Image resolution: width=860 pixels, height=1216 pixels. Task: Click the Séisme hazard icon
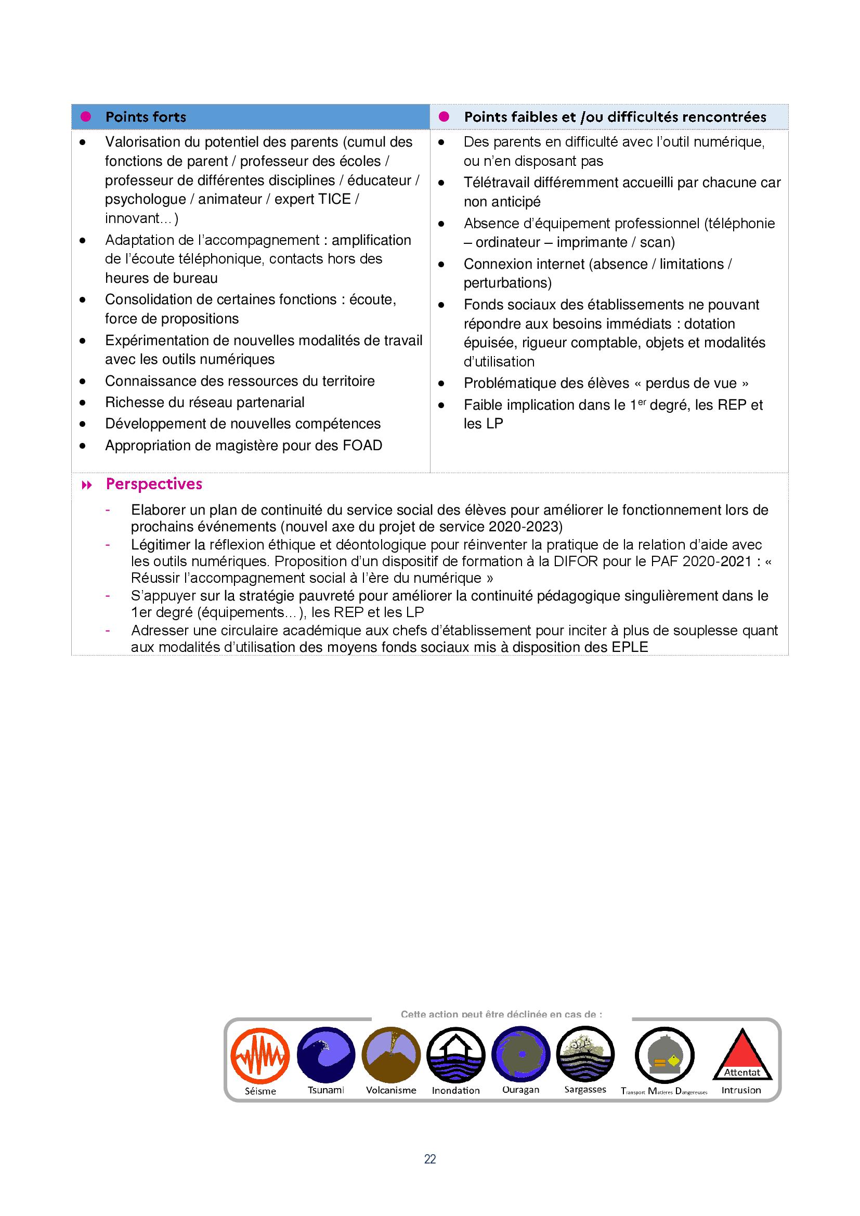[x=260, y=1056]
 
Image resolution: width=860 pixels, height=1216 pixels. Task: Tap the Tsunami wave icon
[x=325, y=1054]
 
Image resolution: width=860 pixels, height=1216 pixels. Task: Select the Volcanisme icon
[x=391, y=1054]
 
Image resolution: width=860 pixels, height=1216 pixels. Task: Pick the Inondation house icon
[x=455, y=1054]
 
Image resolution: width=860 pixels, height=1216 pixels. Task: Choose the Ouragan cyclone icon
[x=520, y=1054]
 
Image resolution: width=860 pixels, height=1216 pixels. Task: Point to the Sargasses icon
[x=585, y=1054]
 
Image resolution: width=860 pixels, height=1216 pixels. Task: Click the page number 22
[x=430, y=1159]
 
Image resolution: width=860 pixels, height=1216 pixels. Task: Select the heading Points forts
[x=146, y=117]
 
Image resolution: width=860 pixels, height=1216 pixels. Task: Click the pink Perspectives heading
[x=154, y=484]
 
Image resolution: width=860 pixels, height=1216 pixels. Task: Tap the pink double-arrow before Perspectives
[x=87, y=485]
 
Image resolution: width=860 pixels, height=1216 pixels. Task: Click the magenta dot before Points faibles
[x=444, y=116]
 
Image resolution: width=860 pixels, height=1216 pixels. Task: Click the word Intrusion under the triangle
[x=741, y=1090]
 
